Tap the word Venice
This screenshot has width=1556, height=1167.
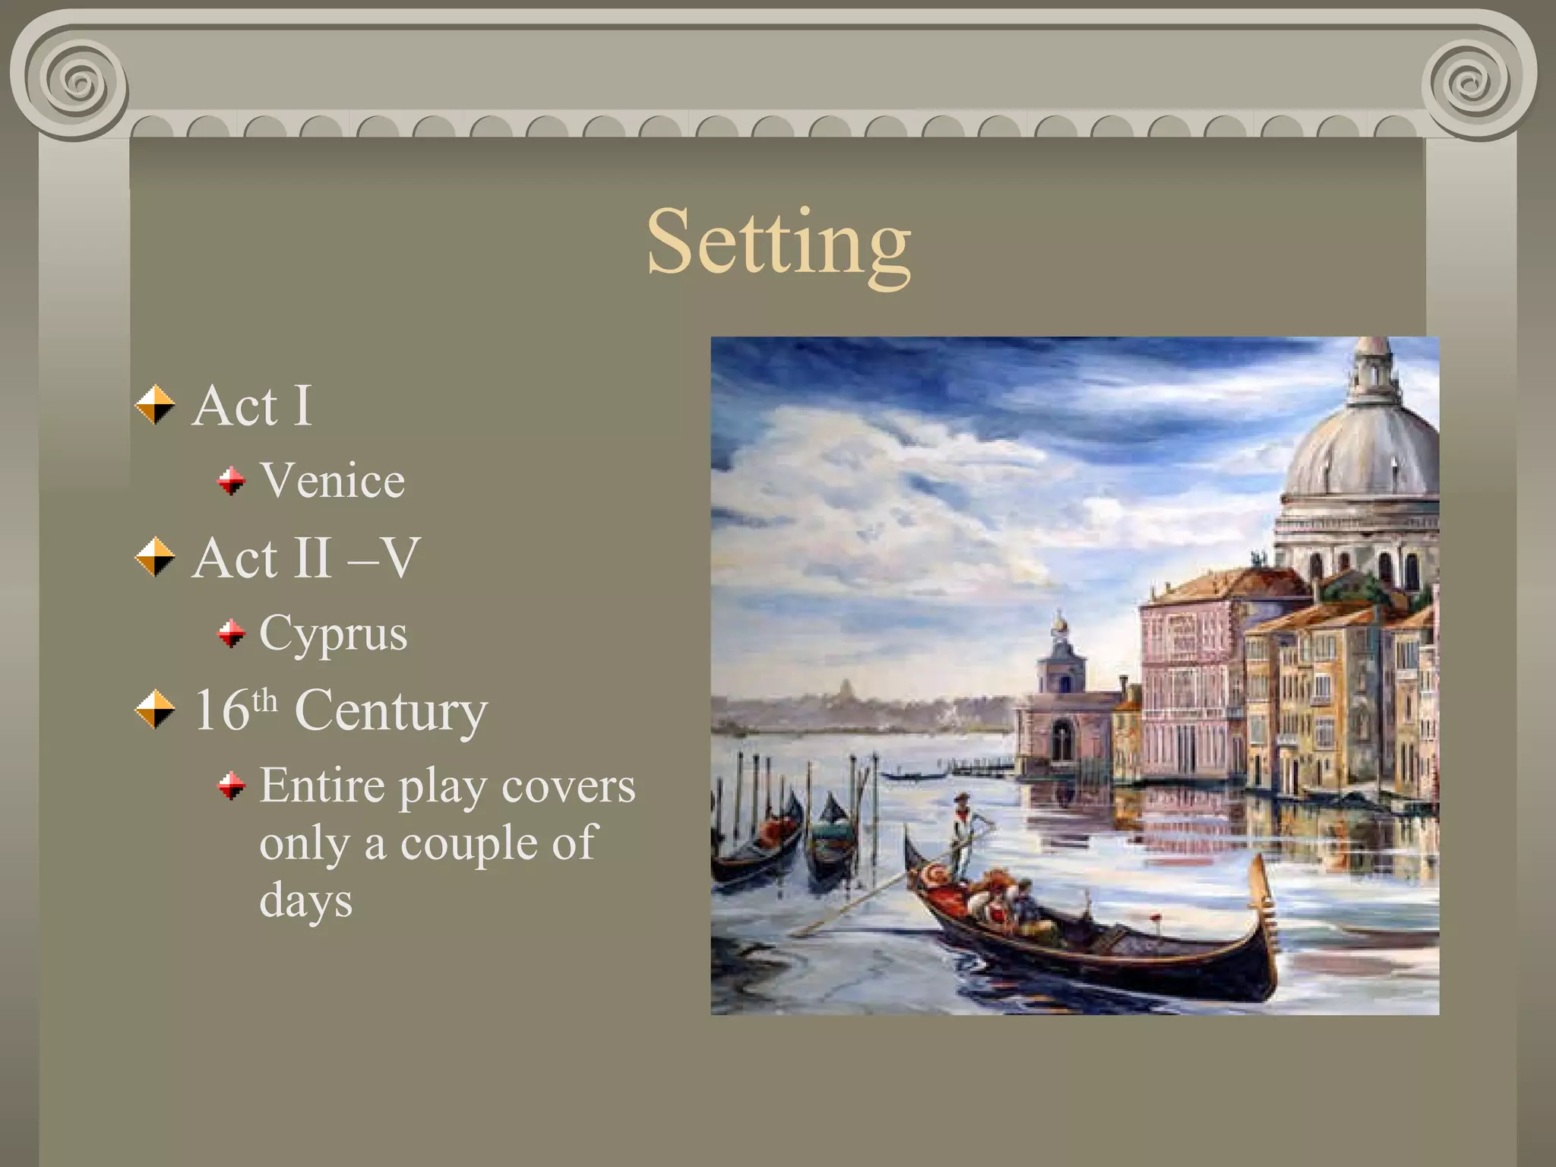tap(332, 480)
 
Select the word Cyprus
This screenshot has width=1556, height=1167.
tap(333, 633)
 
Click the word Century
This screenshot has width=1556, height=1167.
tap(391, 710)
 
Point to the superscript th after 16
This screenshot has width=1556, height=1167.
tap(264, 700)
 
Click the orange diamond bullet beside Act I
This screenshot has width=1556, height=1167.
tap(155, 404)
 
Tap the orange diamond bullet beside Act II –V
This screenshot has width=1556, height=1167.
tap(155, 557)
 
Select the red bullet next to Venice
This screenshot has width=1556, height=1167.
tap(231, 481)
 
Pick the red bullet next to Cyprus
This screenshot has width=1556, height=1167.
tap(231, 633)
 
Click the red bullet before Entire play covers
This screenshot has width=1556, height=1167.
tap(231, 786)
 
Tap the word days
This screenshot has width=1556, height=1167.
tap(305, 902)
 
